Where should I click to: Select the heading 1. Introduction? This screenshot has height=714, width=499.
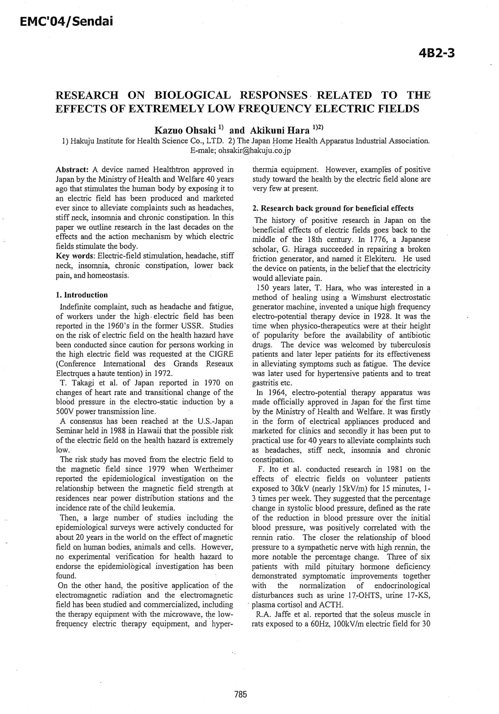[82, 295]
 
